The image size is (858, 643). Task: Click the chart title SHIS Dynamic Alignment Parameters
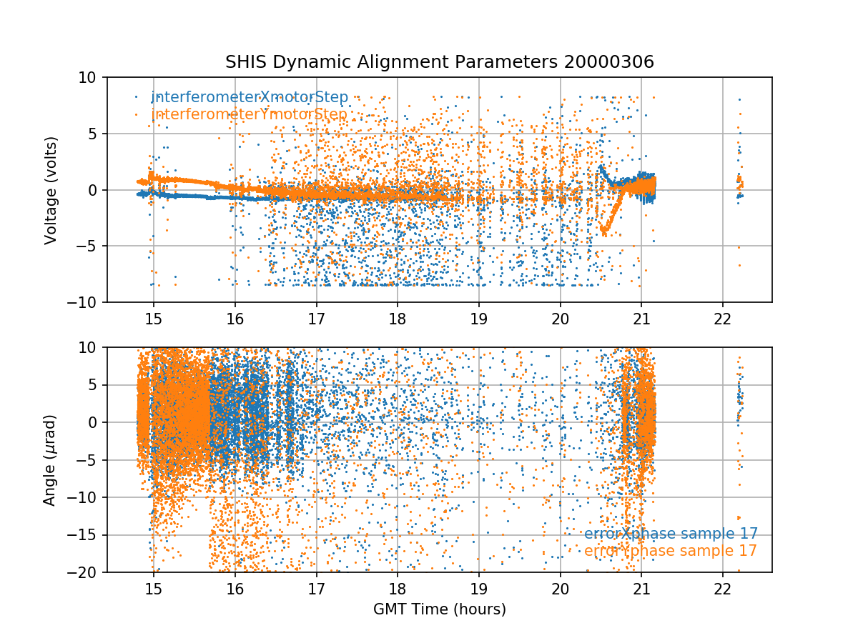393,62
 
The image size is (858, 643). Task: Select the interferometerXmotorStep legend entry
250,97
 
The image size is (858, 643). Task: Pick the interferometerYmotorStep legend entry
249,114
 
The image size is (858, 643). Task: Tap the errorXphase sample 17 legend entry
671,534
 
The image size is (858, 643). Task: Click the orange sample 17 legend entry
670,551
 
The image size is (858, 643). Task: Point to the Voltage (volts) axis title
50,190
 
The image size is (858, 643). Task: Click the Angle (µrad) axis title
50,459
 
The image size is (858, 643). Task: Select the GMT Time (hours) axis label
439,609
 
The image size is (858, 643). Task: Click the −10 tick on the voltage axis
88,302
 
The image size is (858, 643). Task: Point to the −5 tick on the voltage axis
91,246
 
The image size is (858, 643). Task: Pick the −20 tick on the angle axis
88,572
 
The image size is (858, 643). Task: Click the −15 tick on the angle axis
88,534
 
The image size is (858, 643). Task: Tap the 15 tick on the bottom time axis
153,589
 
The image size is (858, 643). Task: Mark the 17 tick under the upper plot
316,319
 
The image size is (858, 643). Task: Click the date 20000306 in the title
608,62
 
